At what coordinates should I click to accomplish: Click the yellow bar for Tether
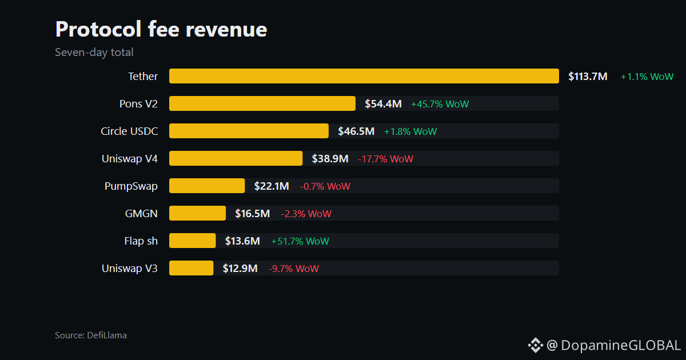(364, 76)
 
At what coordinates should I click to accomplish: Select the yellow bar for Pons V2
(262, 103)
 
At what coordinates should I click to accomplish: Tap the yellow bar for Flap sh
(192, 241)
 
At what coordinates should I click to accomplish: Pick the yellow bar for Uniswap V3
(191, 268)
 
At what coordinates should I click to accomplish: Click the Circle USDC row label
(129, 131)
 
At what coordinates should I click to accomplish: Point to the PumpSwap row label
(131, 186)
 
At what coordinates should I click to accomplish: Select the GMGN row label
(141, 213)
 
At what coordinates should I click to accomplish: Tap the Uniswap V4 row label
(130, 159)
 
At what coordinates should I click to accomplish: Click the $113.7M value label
(588, 76)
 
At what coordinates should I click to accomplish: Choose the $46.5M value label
(356, 131)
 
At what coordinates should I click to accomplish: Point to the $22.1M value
(272, 186)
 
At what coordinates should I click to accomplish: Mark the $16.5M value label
(252, 213)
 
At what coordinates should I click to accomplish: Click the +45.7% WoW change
(440, 104)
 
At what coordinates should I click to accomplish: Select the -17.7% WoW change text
(385, 159)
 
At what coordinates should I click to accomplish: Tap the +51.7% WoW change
(300, 241)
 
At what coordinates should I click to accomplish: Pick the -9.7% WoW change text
(294, 269)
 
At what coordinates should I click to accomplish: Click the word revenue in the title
(226, 29)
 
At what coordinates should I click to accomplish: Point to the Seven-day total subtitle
(94, 53)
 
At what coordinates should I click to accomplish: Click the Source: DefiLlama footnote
(91, 335)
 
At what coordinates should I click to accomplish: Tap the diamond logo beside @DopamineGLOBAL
(535, 345)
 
